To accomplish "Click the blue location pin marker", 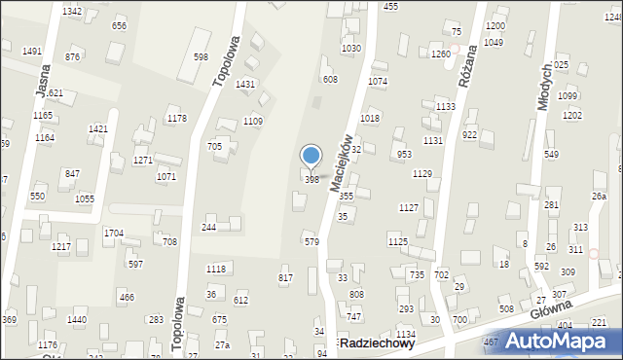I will click(311, 157).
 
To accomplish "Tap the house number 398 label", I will click(311, 180).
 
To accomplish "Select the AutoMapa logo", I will click(562, 340).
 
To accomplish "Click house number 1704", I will click(114, 234).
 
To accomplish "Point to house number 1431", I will click(245, 85).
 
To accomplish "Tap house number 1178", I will click(176, 119).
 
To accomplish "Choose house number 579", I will click(311, 241).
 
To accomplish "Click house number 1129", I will click(421, 174).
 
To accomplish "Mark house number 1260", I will click(440, 54).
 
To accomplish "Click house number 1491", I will click(31, 52).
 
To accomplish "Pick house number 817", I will click(285, 279).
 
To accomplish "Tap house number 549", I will click(551, 155).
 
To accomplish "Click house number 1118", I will click(216, 269).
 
